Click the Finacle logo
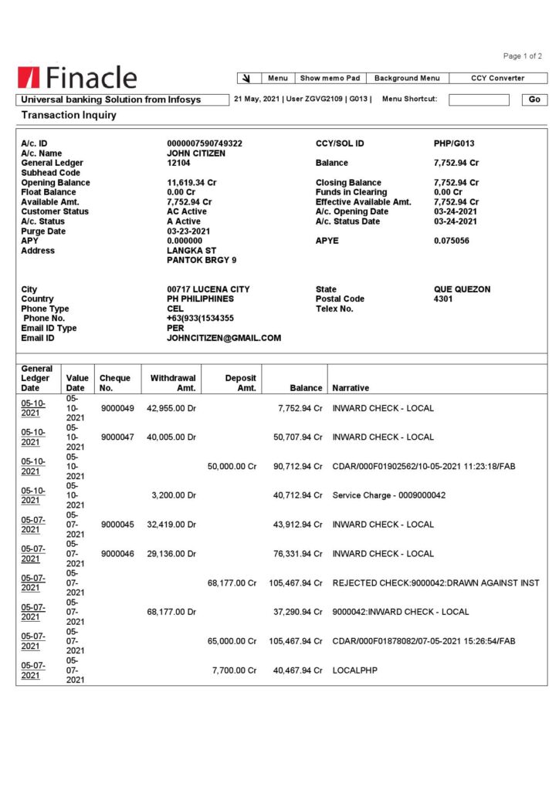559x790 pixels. coord(77,77)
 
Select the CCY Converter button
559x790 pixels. coord(497,78)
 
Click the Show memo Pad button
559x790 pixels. coord(330,78)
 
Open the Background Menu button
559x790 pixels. coord(407,78)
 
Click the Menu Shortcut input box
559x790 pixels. coord(479,100)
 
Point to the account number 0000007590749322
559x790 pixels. coord(205,143)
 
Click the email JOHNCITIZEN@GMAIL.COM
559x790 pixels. coord(224,338)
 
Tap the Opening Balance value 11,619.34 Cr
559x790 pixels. coord(191,183)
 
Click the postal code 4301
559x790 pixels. coord(443,299)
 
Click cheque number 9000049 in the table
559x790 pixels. coord(117,408)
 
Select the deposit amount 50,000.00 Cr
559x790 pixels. coord(232,466)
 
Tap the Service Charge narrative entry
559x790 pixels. coord(388,495)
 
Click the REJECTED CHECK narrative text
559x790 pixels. coord(435,583)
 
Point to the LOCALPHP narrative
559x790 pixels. coord(352,670)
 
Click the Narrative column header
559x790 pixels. coord(351,388)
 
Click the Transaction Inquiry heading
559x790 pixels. coord(69,115)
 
